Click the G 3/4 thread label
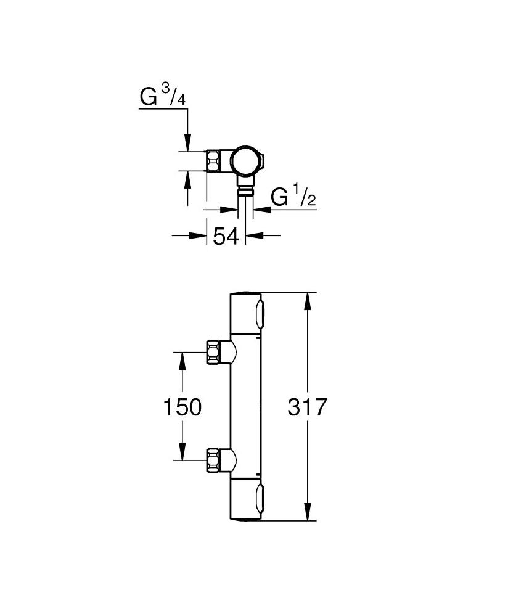[x=163, y=96]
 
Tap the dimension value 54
[x=226, y=237]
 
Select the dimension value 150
[x=182, y=407]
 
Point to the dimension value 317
[x=307, y=407]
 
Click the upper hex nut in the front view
[x=213, y=351]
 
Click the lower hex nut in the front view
[x=213, y=460]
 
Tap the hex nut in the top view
[x=213, y=161]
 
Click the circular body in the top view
[x=245, y=161]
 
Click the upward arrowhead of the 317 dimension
[x=308, y=301]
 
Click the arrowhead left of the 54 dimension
[x=198, y=235]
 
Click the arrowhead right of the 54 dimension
[x=254, y=235]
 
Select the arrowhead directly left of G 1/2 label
[x=229, y=210]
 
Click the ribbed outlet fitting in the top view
[x=245, y=190]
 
